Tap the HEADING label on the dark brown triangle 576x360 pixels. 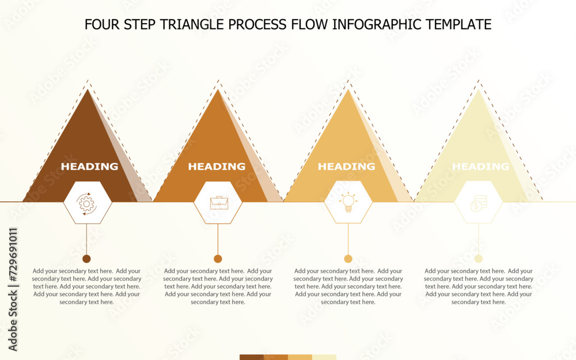click(89, 166)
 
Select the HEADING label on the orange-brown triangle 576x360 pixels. click(217, 166)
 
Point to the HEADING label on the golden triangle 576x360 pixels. click(346, 166)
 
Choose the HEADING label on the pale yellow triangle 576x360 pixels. click(480, 166)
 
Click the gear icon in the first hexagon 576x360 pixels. click(86, 203)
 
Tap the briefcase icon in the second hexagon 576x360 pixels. click(218, 202)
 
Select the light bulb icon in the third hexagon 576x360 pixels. click(348, 202)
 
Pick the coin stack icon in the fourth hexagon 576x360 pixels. click(479, 203)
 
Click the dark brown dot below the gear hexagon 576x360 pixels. click(86, 259)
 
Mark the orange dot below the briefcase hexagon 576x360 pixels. click(218, 259)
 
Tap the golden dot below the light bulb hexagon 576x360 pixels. click(348, 259)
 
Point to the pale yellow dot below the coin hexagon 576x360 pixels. click(479, 259)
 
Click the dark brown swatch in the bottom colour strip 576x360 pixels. click(251, 357)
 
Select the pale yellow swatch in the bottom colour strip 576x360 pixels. click(324, 357)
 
